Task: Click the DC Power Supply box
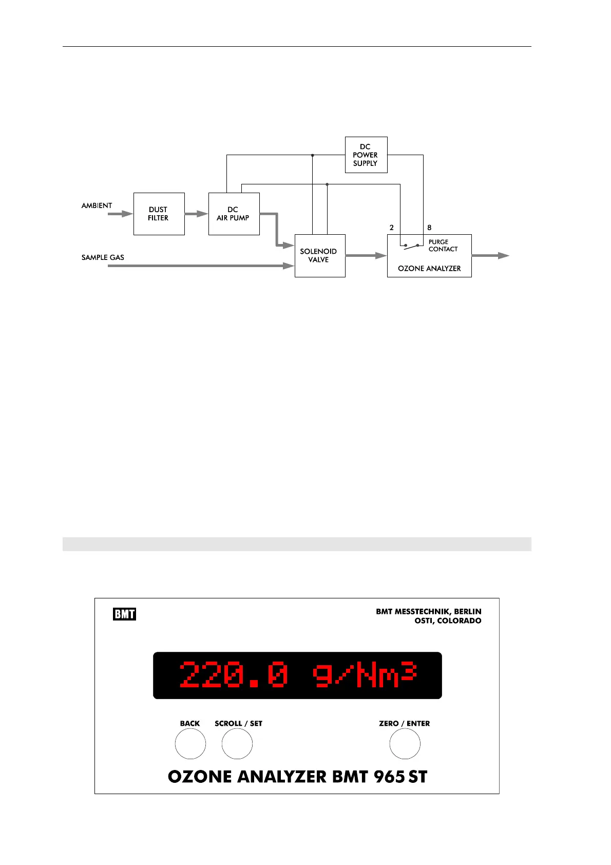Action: pos(366,155)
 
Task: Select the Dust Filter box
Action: pos(159,214)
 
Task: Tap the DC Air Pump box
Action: pos(234,214)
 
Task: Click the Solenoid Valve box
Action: pos(319,256)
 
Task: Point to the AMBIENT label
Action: pos(97,205)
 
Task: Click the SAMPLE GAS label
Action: pos(103,257)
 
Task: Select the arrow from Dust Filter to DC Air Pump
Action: pos(196,214)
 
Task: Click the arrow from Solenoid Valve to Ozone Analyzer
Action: pos(366,255)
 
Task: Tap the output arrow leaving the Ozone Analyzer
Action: pos(490,255)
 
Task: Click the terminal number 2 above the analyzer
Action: pos(392,228)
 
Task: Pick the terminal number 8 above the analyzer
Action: pos(429,228)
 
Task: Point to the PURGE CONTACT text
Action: pos(443,246)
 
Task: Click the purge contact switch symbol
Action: pos(411,247)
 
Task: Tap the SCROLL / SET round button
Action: pos(237,744)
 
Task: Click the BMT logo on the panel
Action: pos(124,614)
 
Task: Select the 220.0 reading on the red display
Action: pos(234,675)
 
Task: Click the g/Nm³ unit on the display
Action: pos(364,675)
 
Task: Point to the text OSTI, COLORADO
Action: pos(448,620)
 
